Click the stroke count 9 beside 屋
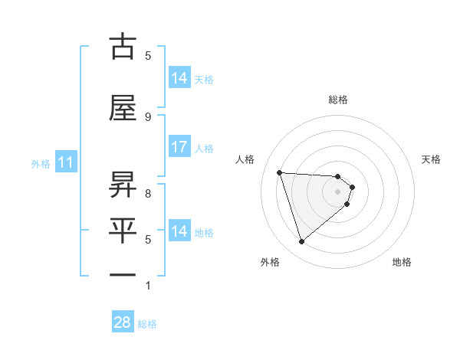click(147, 116)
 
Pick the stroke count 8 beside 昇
click(147, 194)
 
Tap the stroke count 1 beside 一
click(147, 286)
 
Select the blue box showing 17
click(179, 147)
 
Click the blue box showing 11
click(66, 162)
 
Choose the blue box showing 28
click(123, 322)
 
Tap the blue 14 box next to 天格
click(179, 77)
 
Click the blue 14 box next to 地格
click(179, 231)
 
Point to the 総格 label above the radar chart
click(338, 100)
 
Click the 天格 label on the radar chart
click(431, 159)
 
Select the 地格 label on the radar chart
click(402, 262)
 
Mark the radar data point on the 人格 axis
click(280, 172)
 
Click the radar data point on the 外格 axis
click(301, 242)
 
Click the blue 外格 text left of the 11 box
click(40, 163)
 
